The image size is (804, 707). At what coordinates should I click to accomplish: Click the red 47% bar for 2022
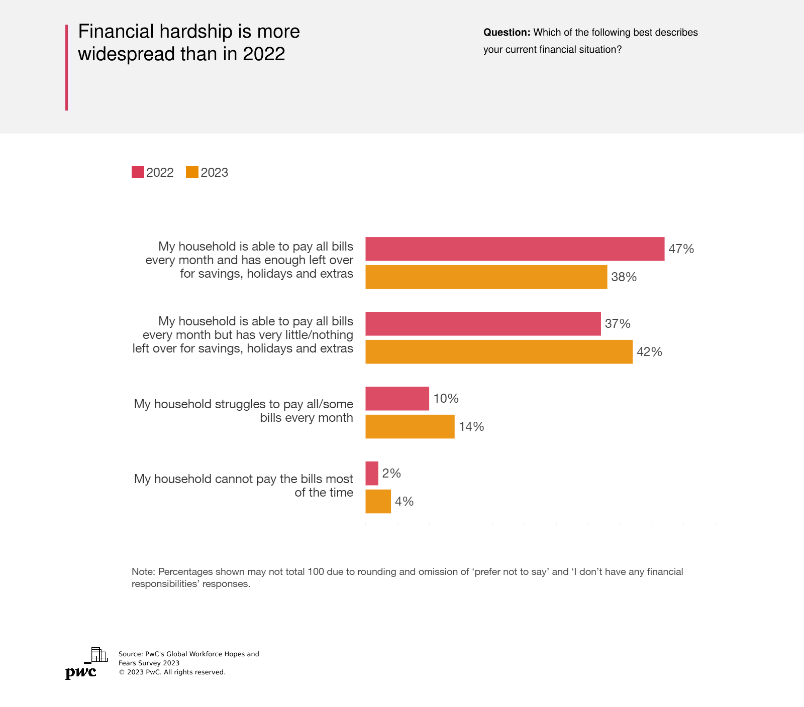click(515, 249)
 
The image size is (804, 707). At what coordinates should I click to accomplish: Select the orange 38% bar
click(486, 277)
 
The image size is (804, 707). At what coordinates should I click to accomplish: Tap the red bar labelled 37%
click(483, 324)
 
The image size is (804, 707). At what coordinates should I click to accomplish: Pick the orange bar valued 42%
click(499, 352)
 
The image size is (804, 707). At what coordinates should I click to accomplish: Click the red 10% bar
click(397, 399)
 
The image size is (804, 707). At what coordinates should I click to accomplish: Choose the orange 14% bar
click(410, 427)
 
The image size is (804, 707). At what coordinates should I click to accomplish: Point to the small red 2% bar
click(372, 474)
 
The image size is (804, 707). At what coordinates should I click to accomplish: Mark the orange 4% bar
click(378, 502)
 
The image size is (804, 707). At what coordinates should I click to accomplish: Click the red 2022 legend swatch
click(138, 172)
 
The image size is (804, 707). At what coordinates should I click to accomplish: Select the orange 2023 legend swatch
click(192, 172)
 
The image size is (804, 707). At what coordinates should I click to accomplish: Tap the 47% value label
click(681, 249)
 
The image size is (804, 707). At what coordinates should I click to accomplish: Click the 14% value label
click(471, 427)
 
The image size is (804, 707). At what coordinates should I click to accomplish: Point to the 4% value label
click(404, 502)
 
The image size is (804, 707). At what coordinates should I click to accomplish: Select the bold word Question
click(506, 33)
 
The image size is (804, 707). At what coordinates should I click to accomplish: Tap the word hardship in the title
click(196, 32)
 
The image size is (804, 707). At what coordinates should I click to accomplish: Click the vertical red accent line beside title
click(66, 67)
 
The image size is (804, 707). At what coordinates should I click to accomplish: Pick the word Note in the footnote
click(143, 572)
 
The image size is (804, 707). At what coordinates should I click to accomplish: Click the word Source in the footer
click(130, 654)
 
